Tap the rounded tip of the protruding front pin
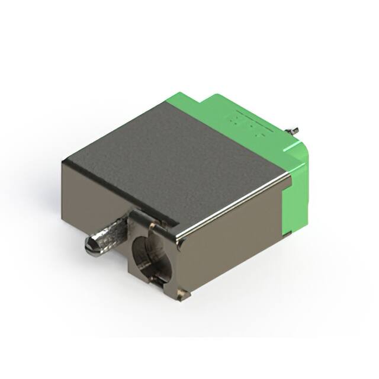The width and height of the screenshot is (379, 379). point(90,245)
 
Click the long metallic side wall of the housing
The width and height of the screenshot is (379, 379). point(231,237)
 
